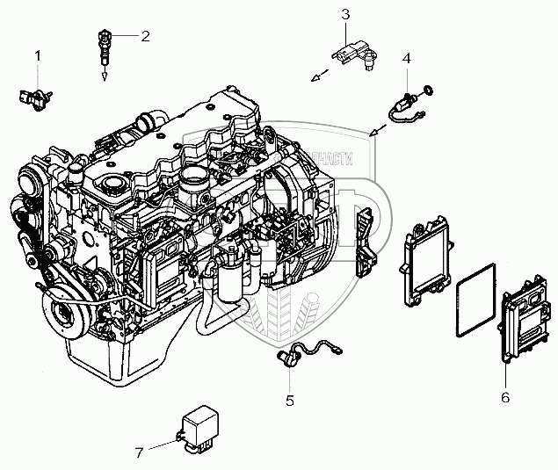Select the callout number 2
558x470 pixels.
[x=145, y=36]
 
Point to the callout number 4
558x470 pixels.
[x=407, y=58]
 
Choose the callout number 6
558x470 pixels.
[x=505, y=397]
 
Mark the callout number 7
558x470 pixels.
[x=138, y=453]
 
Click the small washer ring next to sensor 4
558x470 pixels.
[x=429, y=88]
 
